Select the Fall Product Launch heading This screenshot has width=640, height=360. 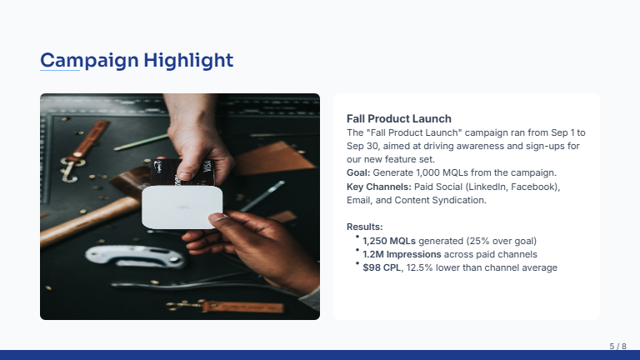coord(398,119)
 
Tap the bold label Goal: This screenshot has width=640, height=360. coord(358,172)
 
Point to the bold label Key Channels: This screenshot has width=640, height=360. coord(379,187)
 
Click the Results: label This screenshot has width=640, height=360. coord(364,227)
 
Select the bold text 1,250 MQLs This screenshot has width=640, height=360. coord(389,241)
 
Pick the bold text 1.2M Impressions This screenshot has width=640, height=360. coord(402,254)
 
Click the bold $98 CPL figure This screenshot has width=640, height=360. coord(382,267)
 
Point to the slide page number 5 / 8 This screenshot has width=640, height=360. coord(617,346)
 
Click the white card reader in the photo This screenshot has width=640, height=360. coord(183,206)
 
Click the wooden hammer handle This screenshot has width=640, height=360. coord(79,218)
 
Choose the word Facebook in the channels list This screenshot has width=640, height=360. coord(536,187)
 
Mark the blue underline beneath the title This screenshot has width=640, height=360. coord(60,71)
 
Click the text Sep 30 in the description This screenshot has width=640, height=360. coord(362,146)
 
